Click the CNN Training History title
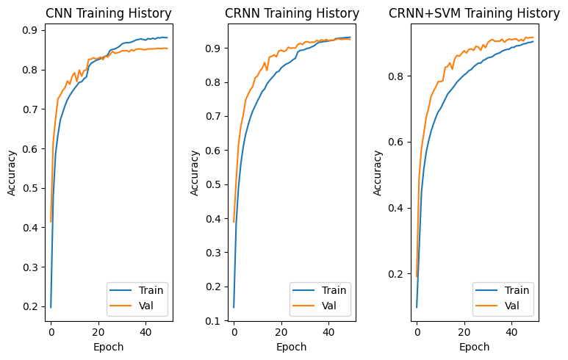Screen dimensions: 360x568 point(108,13)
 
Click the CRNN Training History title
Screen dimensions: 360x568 point(292,13)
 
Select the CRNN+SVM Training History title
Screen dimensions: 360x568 point(474,13)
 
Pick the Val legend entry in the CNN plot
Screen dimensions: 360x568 point(147,305)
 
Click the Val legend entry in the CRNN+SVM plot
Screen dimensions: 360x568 point(513,305)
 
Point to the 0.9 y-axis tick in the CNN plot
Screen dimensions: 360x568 point(31,30)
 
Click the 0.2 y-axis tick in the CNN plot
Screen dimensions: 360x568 point(31,306)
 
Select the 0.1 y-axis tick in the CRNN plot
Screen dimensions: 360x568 point(214,321)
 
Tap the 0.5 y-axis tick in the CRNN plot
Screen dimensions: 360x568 point(214,184)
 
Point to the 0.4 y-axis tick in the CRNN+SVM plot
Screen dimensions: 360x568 point(397,208)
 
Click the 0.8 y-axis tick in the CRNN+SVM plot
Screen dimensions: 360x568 point(397,76)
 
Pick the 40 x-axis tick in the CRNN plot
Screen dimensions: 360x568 point(328,331)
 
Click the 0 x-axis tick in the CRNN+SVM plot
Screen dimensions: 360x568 point(417,331)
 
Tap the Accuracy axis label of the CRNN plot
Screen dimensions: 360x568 point(195,173)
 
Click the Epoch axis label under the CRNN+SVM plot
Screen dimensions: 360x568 point(475,346)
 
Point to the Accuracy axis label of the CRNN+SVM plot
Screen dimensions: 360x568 point(378,173)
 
